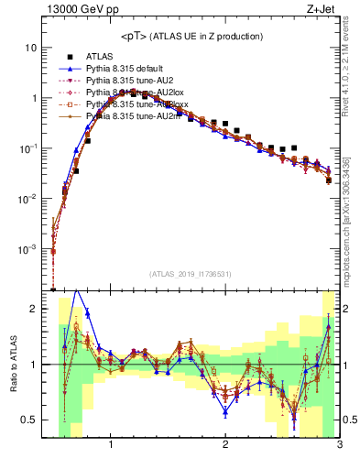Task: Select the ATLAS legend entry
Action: [x=101, y=57]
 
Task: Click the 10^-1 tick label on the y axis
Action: [x=27, y=148]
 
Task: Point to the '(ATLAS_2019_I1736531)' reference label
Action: [x=191, y=275]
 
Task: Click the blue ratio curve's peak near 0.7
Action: [x=77, y=290]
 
